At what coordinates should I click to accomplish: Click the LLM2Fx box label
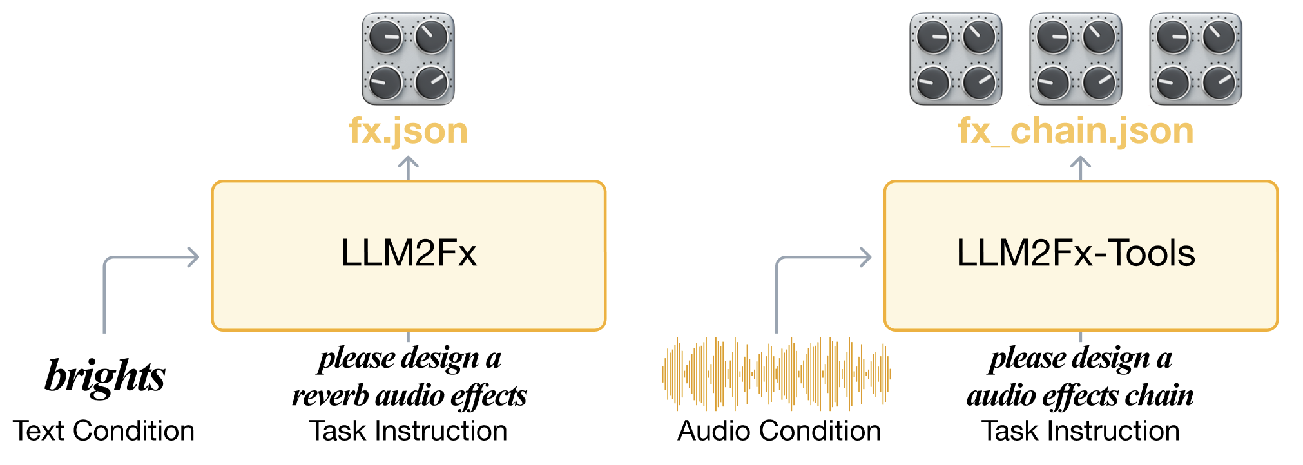point(409,253)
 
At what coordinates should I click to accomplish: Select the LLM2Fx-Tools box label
point(1076,253)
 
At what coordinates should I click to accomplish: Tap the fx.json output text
point(408,131)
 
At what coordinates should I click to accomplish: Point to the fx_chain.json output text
point(1076,131)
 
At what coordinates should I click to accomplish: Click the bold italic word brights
point(105,375)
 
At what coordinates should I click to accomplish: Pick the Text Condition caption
point(104,431)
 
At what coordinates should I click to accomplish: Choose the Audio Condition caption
point(778,431)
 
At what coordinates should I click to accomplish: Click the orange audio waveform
point(777,374)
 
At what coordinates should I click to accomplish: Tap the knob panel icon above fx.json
point(408,59)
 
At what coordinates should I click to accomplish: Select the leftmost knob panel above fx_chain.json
point(956,59)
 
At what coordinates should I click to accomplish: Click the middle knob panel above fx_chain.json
point(1076,59)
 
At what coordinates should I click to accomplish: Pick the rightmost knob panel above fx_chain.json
point(1195,59)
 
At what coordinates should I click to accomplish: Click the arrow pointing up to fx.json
point(408,167)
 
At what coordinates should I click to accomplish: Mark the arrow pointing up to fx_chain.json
point(1080,167)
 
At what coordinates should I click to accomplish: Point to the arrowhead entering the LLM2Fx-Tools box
point(865,258)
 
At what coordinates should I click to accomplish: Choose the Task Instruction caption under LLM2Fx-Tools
point(1080,431)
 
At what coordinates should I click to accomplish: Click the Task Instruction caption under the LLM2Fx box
point(408,431)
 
